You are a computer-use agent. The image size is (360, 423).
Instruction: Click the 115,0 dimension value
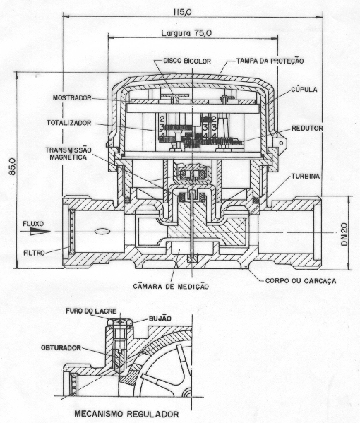[183, 12]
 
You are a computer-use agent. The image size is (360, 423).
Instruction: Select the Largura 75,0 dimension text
[186, 33]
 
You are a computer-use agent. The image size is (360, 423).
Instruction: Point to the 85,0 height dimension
[13, 167]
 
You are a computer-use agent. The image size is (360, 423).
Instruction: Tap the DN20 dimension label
[344, 234]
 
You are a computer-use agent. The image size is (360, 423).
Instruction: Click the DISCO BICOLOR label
[187, 61]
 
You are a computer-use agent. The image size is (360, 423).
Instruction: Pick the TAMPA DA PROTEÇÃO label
[270, 61]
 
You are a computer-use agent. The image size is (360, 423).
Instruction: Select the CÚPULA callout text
[304, 90]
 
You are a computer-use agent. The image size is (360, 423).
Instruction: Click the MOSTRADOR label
[72, 97]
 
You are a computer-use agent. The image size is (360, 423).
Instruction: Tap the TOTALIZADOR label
[68, 123]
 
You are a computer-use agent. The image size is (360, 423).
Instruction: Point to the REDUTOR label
[307, 129]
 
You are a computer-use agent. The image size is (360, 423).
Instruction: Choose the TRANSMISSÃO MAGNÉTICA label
[68, 153]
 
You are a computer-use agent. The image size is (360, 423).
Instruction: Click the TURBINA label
[306, 177]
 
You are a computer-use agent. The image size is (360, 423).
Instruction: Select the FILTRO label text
[34, 253]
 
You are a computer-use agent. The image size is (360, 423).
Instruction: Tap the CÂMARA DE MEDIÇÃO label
[171, 286]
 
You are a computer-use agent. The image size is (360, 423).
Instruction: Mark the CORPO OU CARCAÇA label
[301, 281]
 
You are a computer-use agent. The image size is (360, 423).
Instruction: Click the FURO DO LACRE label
[91, 311]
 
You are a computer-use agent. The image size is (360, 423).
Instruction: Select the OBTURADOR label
[61, 347]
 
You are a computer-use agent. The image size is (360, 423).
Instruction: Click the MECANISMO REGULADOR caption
[126, 414]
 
